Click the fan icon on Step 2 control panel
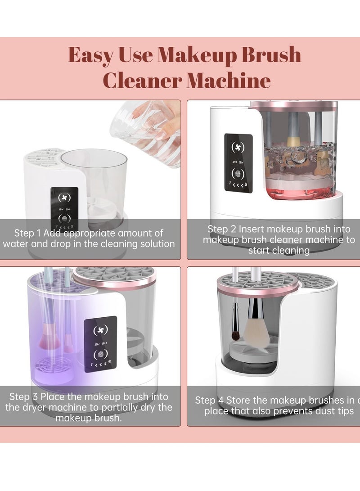point(238,148)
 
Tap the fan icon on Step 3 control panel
point(100,331)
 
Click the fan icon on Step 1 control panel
point(64,198)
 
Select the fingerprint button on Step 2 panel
point(238,174)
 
